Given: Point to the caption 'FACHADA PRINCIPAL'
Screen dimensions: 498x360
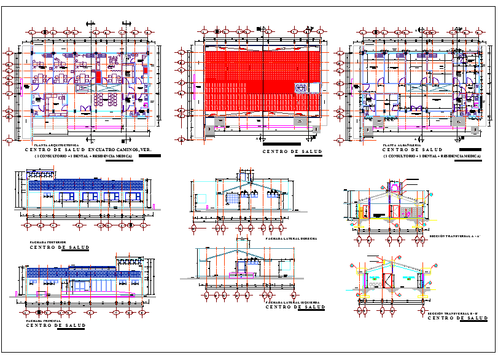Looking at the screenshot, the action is (43, 321).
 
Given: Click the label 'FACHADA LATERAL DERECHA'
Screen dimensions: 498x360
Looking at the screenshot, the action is (290, 238).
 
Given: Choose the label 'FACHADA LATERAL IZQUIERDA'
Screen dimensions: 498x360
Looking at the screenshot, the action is (291, 302).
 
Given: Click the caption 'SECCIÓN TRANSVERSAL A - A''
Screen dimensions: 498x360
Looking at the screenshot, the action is (454, 235).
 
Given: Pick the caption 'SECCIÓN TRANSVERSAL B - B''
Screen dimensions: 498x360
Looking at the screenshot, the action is (453, 313).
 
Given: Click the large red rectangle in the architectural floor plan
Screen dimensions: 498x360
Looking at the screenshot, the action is (98, 77).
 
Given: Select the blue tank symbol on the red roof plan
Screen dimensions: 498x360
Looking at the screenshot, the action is (302, 87).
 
